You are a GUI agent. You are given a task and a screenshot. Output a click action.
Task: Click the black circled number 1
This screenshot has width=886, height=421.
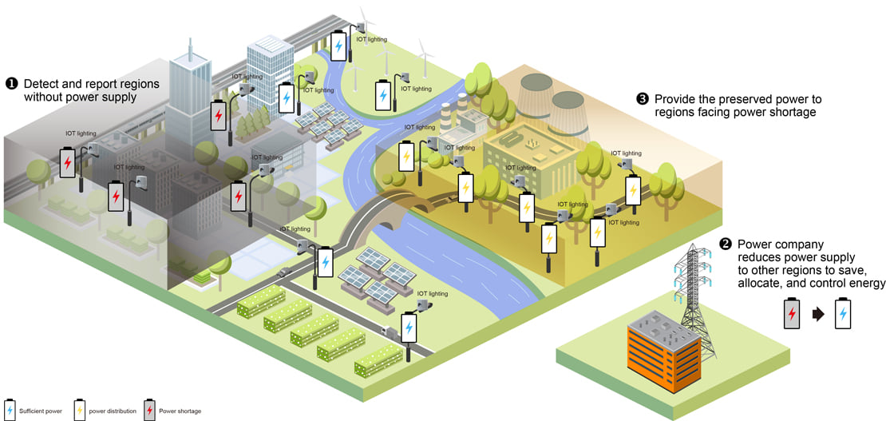coord(10,84)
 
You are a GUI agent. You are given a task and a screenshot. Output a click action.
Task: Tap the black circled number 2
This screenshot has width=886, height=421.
coord(725,244)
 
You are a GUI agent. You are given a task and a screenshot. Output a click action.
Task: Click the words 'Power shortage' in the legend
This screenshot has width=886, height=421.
coord(180,411)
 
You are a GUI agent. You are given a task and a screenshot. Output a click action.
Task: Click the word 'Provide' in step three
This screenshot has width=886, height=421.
coord(674,100)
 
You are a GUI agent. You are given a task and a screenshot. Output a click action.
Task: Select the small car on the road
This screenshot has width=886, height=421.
coord(284,272)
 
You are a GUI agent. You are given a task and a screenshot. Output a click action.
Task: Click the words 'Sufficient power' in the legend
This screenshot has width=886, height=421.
coord(40,411)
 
